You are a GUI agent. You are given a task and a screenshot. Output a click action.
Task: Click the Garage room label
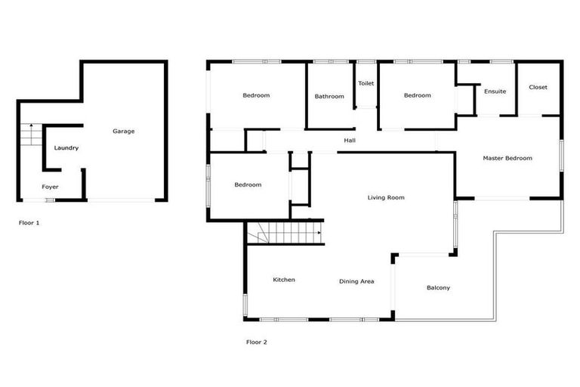click(x=124, y=132)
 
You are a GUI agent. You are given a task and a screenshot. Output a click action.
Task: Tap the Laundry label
click(x=66, y=148)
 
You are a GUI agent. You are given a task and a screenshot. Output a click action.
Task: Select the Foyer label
click(x=50, y=187)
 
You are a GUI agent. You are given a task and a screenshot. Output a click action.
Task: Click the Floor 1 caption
click(x=29, y=223)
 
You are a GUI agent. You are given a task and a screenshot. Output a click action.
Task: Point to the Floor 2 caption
click(x=257, y=342)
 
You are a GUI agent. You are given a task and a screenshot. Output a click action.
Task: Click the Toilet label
click(x=366, y=83)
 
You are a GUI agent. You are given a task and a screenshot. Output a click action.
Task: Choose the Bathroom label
click(x=329, y=96)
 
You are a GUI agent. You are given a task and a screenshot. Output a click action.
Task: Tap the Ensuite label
click(x=495, y=91)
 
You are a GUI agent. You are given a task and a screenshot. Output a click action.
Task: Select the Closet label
click(x=538, y=87)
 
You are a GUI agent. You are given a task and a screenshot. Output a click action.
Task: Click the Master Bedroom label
click(x=507, y=158)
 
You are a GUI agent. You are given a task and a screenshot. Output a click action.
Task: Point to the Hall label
click(x=350, y=140)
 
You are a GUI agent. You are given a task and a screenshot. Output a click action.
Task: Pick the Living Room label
click(x=386, y=198)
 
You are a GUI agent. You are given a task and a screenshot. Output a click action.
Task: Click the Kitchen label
click(x=284, y=280)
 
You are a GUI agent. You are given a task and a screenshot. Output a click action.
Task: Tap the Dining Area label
click(x=356, y=281)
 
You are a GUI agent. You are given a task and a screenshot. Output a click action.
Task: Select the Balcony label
click(x=438, y=287)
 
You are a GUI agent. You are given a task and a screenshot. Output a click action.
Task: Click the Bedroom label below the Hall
click(x=248, y=185)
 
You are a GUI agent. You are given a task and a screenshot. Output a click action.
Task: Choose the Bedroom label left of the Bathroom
click(x=256, y=95)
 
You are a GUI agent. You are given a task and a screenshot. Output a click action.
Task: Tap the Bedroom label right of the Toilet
click(x=417, y=95)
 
